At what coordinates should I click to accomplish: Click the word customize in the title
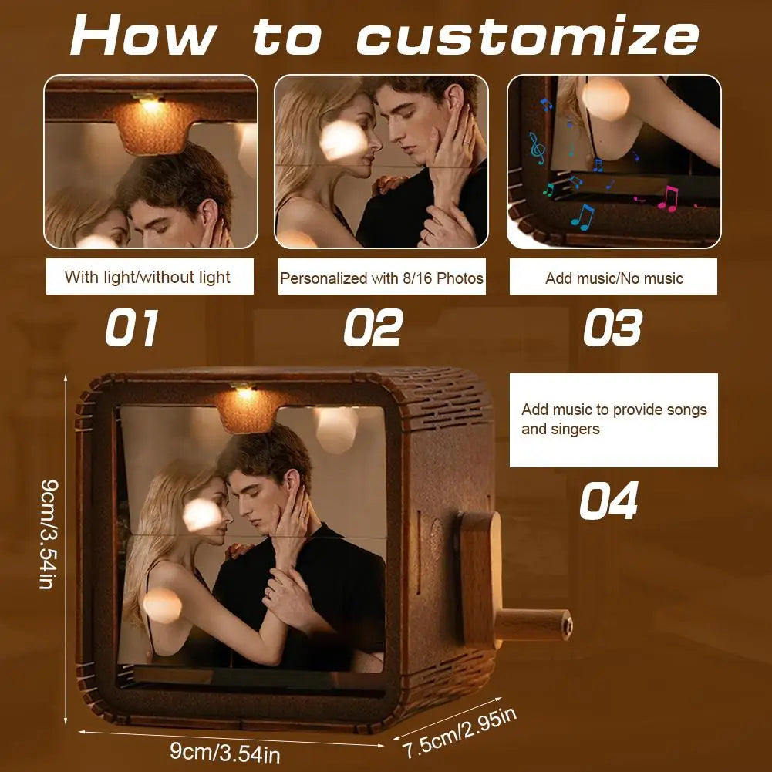point(528,35)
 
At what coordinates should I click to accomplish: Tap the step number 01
point(131,328)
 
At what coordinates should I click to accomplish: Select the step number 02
point(373,328)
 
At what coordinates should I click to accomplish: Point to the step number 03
point(612,328)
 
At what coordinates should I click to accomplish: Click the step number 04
point(608,501)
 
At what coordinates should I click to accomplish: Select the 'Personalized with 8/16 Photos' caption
point(382,278)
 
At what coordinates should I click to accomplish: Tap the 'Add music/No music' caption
point(613,278)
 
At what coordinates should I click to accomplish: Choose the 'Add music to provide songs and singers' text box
point(613,420)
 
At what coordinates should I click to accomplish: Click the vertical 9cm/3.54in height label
point(49,534)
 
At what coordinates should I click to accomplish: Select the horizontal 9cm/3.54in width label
point(225,752)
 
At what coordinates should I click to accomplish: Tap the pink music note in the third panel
point(668,199)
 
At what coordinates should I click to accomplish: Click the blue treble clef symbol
point(537,148)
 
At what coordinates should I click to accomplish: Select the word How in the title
point(143,35)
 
